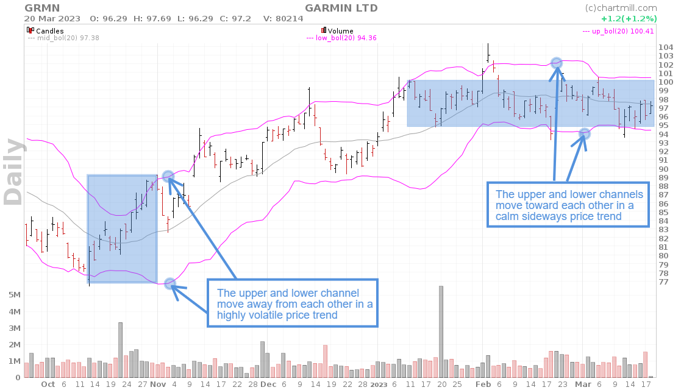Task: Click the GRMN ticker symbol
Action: pos(42,8)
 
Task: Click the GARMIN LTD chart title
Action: pos(341,8)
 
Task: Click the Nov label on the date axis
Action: pos(158,385)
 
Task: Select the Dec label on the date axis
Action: pos(268,385)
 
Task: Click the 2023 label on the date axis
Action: pos(379,385)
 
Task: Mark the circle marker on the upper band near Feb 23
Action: pos(557,63)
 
